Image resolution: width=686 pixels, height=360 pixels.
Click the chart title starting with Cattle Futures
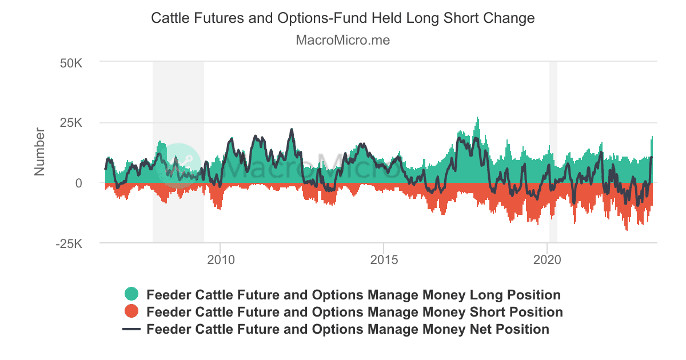pyautogui.click(x=342, y=18)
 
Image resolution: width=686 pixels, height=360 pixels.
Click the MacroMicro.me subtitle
pyautogui.click(x=342, y=41)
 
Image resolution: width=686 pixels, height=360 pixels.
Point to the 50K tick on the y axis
pyautogui.click(x=71, y=62)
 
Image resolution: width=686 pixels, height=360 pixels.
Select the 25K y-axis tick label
pyautogui.click(x=71, y=123)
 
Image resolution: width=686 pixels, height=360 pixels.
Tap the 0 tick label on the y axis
pyautogui.click(x=79, y=183)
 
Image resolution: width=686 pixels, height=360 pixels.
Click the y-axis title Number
pyautogui.click(x=39, y=151)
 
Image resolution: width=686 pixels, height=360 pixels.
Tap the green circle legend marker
pyautogui.click(x=131, y=295)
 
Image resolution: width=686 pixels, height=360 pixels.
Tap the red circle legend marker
pyautogui.click(x=131, y=312)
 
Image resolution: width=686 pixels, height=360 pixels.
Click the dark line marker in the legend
pyautogui.click(x=131, y=330)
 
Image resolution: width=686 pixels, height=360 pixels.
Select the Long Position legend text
pyautogui.click(x=353, y=295)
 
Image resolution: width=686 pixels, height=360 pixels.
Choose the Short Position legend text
pyautogui.click(x=354, y=312)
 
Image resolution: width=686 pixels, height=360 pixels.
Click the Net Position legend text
pyautogui.click(x=348, y=330)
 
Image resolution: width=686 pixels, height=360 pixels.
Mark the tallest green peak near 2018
pyautogui.click(x=477, y=119)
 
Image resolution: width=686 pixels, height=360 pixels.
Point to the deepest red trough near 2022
pyautogui.click(x=627, y=229)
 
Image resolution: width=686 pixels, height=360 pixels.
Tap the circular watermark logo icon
pyautogui.click(x=178, y=164)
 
